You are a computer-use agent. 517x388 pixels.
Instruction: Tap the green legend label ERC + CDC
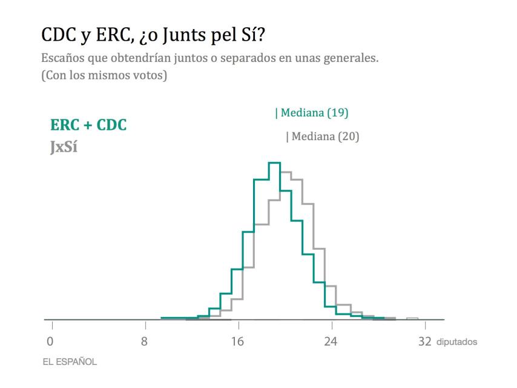pyautogui.click(x=88, y=125)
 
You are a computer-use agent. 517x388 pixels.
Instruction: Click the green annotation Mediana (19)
pyautogui.click(x=313, y=113)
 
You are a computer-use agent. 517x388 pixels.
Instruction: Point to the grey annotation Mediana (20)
pyautogui.click(x=323, y=136)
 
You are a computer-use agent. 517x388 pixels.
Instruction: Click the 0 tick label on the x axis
pyautogui.click(x=50, y=342)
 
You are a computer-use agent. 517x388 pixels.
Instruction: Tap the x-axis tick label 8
pyautogui.click(x=144, y=342)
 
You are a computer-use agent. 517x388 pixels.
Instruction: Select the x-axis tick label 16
pyautogui.click(x=238, y=342)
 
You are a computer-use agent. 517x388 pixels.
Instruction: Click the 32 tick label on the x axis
pyautogui.click(x=425, y=342)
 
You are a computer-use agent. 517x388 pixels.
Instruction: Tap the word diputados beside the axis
pyautogui.click(x=456, y=343)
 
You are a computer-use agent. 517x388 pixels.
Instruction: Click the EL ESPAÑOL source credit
pyautogui.click(x=69, y=362)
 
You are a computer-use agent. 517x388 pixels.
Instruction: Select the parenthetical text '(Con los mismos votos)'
pyautogui.click(x=104, y=76)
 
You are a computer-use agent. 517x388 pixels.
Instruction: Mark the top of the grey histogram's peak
pyautogui.click(x=286, y=172)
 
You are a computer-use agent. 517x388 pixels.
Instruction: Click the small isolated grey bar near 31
pyautogui.click(x=412, y=318)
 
